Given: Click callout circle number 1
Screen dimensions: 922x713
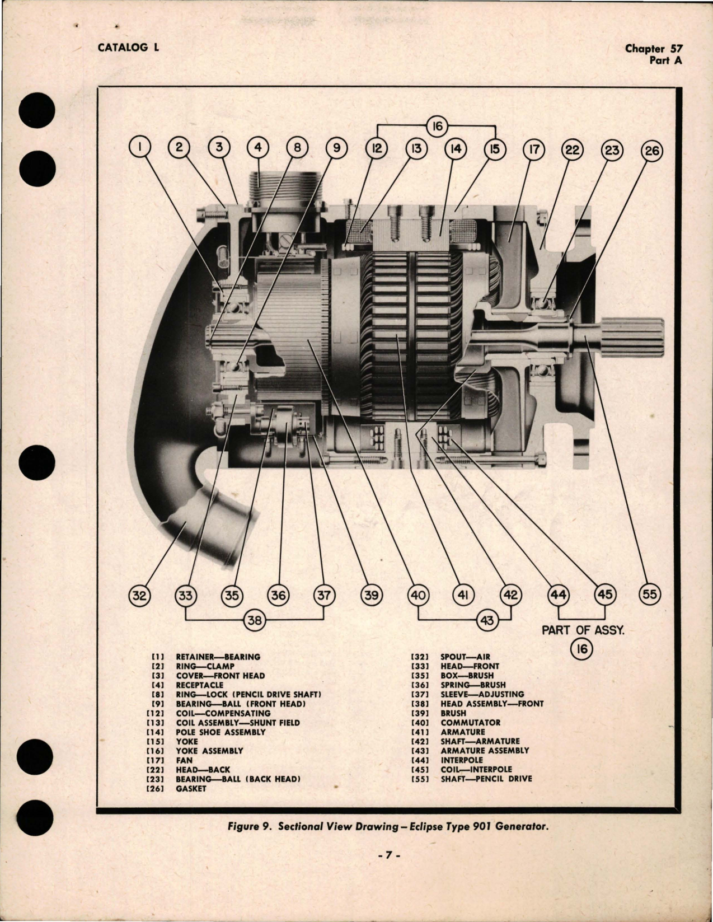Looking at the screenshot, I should (140, 148).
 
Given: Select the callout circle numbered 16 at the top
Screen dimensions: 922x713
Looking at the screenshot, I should (437, 126).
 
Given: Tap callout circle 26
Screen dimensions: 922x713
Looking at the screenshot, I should (653, 150).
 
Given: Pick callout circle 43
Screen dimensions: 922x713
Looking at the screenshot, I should (487, 620).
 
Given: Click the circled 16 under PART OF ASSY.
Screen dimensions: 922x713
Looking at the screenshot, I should (581, 649).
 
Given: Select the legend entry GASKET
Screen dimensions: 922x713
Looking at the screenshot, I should (191, 788).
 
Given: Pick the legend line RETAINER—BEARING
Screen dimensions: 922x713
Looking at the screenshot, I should (218, 657).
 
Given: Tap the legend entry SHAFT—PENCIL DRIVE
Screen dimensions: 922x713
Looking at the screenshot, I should (486, 779).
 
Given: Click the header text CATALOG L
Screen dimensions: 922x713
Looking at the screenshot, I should (128, 48).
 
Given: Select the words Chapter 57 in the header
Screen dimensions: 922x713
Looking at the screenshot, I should (654, 49).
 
